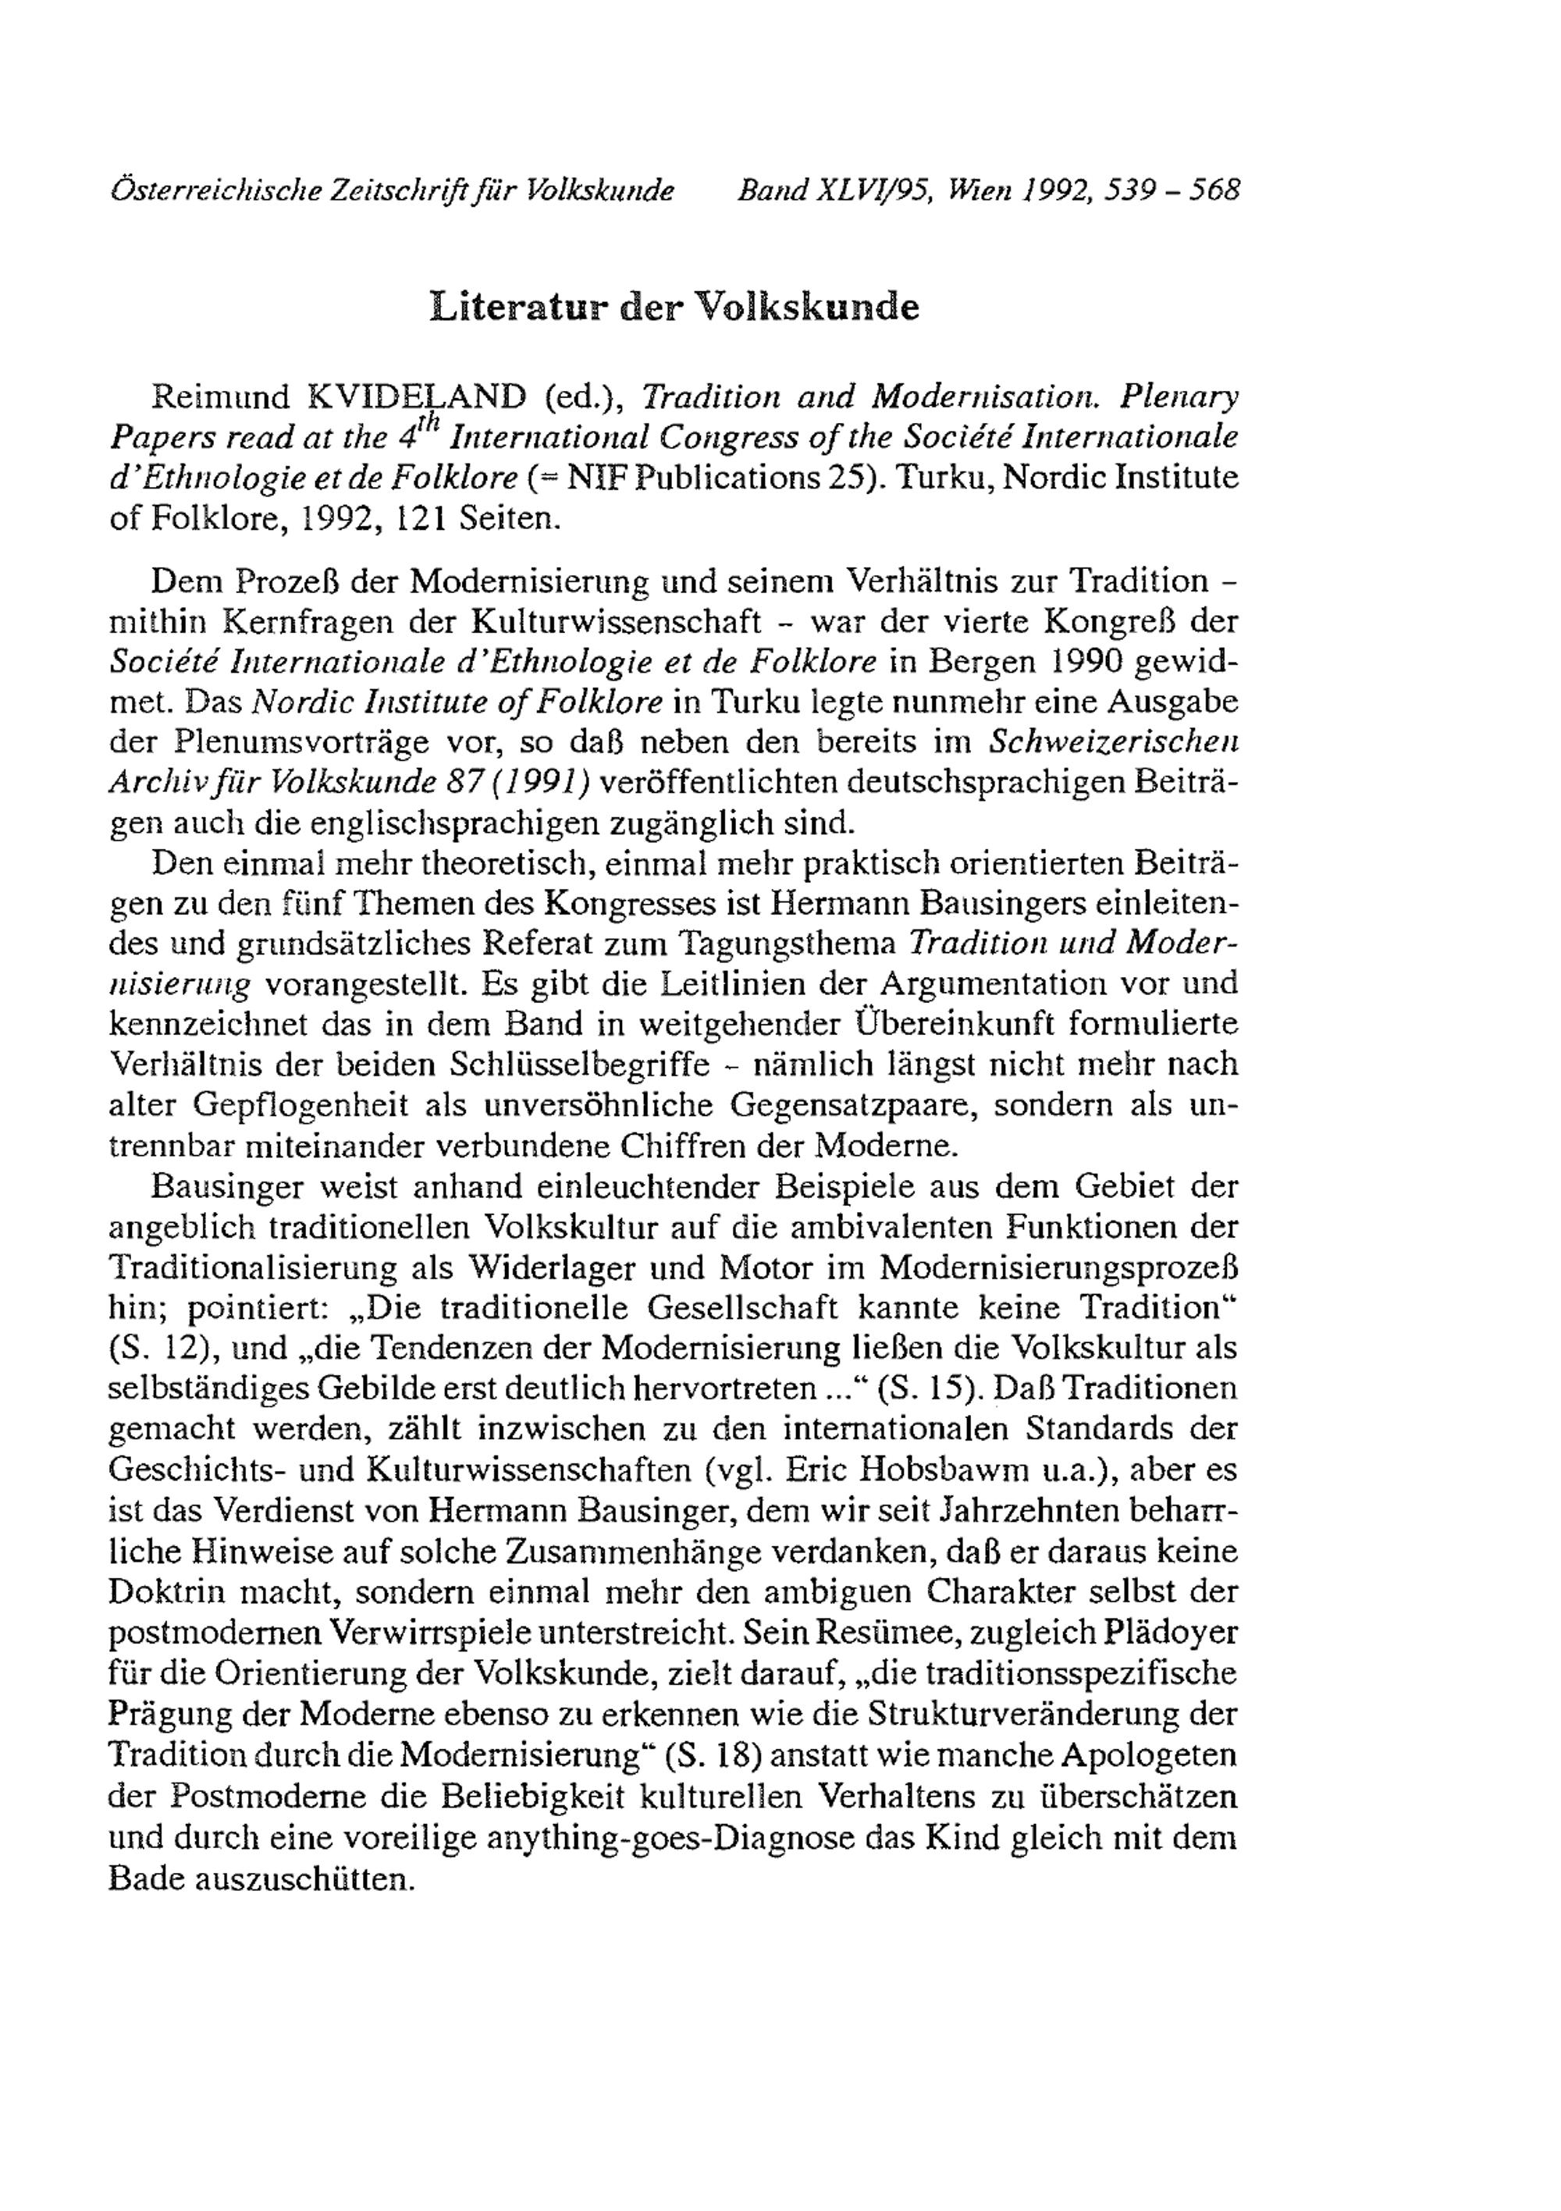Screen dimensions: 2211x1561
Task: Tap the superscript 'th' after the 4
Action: point(428,424)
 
